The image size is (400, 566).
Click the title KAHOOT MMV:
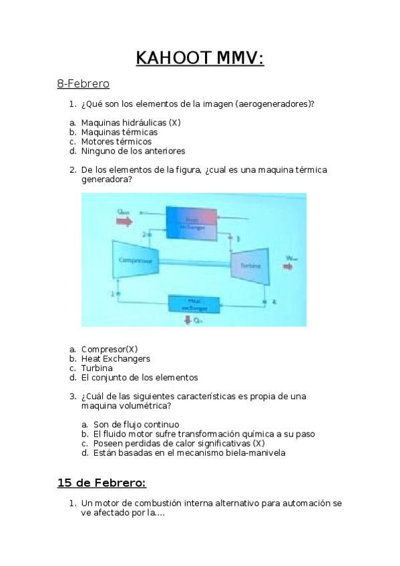pyautogui.click(x=200, y=58)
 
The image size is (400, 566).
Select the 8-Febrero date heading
pyautogui.click(x=83, y=84)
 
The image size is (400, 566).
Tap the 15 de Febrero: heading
pyautogui.click(x=102, y=483)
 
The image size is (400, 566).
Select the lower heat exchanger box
pyautogui.click(x=194, y=304)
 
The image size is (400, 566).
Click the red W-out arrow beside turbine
pyautogui.click(x=288, y=266)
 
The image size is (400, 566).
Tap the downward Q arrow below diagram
pyautogui.click(x=189, y=320)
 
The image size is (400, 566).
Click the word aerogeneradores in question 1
pyautogui.click(x=274, y=104)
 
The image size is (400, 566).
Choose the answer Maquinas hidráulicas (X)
pyautogui.click(x=131, y=123)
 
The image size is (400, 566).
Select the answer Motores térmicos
pyautogui.click(x=116, y=141)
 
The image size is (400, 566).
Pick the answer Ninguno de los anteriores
pyautogui.click(x=133, y=151)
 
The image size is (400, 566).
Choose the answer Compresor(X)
pyautogui.click(x=110, y=349)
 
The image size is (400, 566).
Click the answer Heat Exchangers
pyautogui.click(x=116, y=358)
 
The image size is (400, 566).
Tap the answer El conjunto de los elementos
pyautogui.click(x=140, y=377)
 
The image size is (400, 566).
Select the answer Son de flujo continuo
pyautogui.click(x=136, y=425)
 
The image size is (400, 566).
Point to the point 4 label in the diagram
pyautogui.click(x=274, y=301)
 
